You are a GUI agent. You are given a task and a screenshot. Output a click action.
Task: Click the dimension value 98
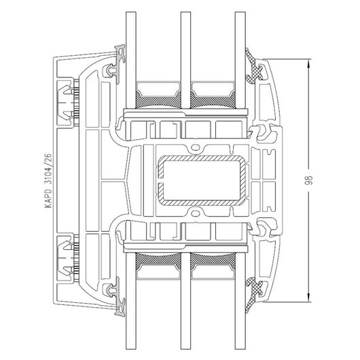[310, 180]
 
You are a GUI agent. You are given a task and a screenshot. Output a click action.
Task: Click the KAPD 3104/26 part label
[48, 181]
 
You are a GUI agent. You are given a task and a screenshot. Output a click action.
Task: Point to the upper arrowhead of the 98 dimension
[309, 63]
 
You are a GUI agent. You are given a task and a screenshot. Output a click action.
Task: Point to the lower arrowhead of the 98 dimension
[309, 298]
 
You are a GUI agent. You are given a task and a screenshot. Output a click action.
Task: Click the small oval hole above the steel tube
[195, 147]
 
